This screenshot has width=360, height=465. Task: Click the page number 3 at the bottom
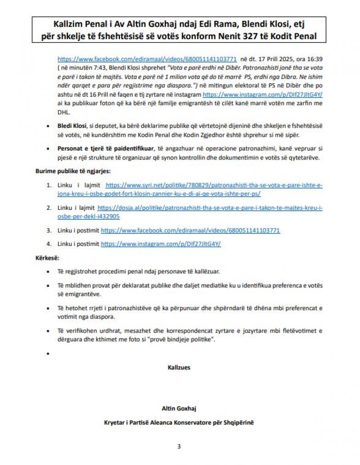coord(179,447)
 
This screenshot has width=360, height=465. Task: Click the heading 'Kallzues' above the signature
coord(179,367)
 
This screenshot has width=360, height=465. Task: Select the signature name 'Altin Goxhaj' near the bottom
coord(179,408)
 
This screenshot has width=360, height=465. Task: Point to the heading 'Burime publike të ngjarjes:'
coord(73,171)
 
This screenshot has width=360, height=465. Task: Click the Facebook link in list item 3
coord(190,231)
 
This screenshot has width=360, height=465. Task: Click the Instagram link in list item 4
coord(160,244)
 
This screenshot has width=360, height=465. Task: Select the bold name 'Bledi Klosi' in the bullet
coord(70,126)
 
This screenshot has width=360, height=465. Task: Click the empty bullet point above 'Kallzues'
coord(48,354)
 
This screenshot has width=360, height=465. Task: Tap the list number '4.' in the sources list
coord(49,244)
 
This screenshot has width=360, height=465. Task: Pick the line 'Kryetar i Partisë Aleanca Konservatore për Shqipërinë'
coord(179,422)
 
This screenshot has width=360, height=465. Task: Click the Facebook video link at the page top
coord(147,58)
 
